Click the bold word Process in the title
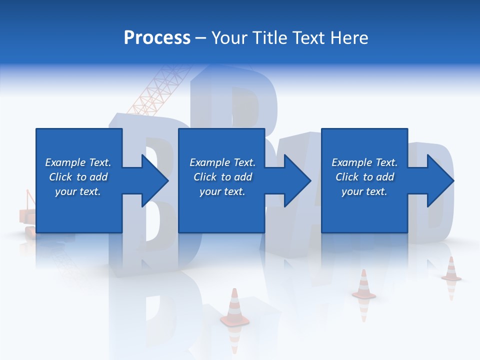point(157,38)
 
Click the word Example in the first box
point(65,162)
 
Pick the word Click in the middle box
point(204,177)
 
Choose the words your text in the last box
point(364,191)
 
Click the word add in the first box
point(99,177)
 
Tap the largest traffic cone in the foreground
point(234,307)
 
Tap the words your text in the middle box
point(222,191)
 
